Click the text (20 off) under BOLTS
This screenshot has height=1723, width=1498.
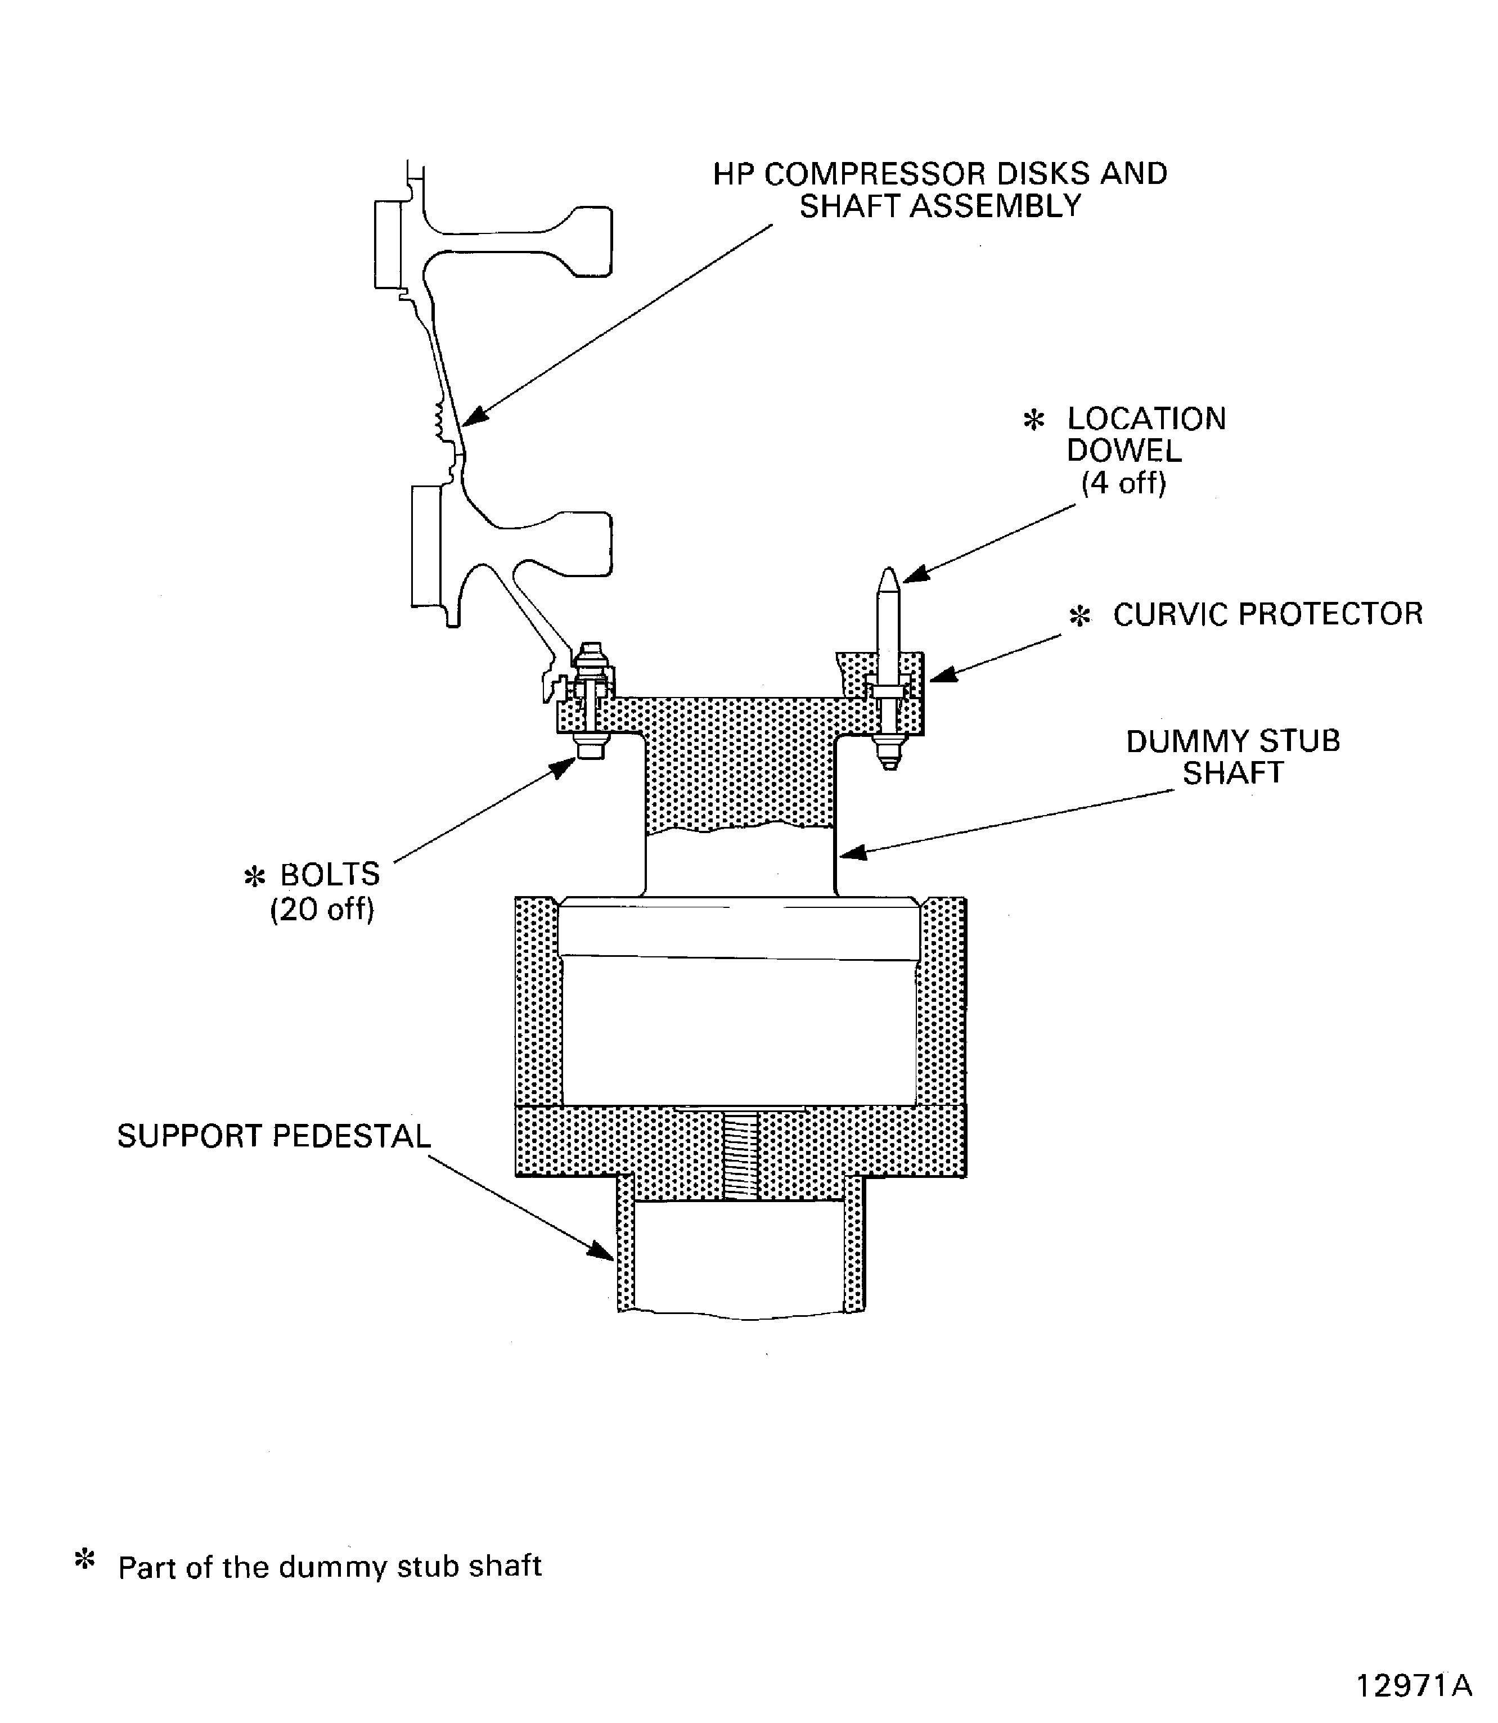coord(322,908)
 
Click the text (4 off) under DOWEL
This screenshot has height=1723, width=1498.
coord(1123,483)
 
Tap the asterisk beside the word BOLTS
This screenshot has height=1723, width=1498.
coord(253,876)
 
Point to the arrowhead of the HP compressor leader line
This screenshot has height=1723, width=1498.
coord(473,417)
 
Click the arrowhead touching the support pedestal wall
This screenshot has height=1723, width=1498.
coord(602,1252)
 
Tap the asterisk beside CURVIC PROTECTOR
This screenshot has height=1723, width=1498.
coord(1080,617)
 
